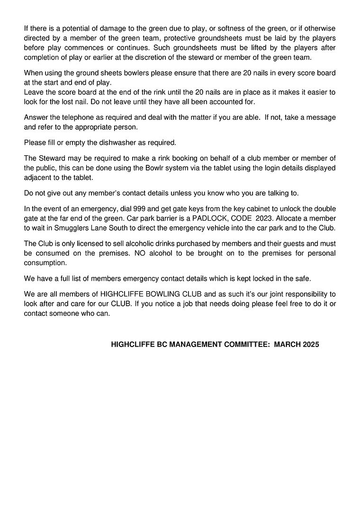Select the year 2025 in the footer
[x=310, y=345]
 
